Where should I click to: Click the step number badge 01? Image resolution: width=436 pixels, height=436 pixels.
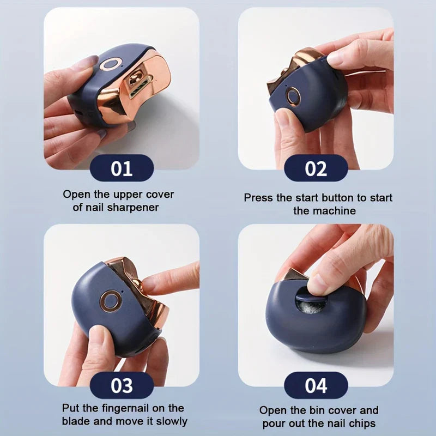[122, 168]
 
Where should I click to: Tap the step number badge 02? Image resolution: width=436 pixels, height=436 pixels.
[316, 168]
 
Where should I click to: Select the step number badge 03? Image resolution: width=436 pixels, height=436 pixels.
[122, 385]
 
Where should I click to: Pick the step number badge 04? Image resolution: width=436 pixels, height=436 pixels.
[316, 385]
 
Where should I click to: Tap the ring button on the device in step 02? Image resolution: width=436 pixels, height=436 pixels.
[293, 97]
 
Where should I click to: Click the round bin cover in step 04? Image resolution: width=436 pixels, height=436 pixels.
[311, 300]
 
